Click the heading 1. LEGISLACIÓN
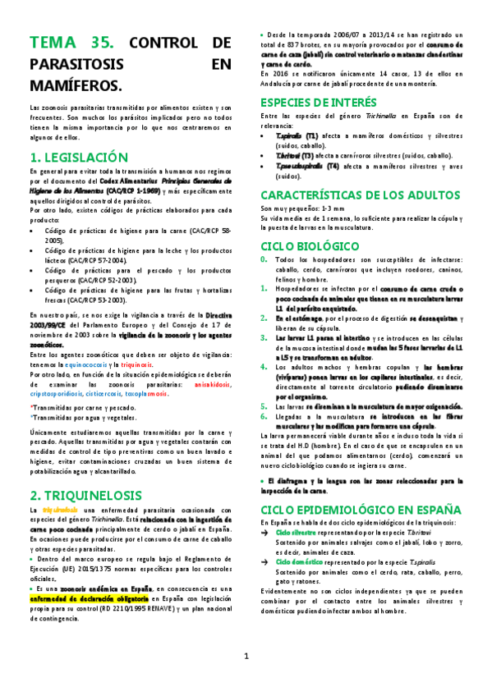(x=79, y=157)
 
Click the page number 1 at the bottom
(x=246, y=680)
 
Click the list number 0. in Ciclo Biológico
(x=264, y=261)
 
